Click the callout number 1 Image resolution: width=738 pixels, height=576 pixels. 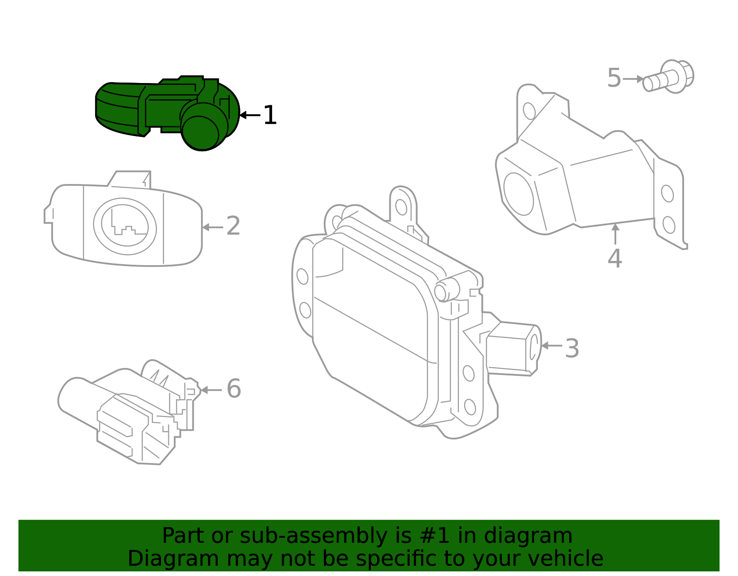tap(270, 115)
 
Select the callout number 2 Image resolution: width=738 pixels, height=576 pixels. tap(233, 226)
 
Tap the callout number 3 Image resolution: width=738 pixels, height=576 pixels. tap(572, 349)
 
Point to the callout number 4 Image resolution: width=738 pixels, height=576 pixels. tap(615, 258)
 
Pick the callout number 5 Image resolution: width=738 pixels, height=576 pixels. tap(614, 78)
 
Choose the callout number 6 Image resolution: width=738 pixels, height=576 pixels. tap(234, 389)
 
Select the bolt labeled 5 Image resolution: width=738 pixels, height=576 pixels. tap(669, 77)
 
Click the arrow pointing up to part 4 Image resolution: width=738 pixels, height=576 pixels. tap(615, 233)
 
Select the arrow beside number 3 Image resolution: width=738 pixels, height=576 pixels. tap(551, 345)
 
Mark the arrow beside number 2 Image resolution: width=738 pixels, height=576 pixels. tap(212, 227)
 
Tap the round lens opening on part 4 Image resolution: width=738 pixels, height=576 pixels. tap(518, 194)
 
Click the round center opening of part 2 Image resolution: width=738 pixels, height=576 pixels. tap(125, 226)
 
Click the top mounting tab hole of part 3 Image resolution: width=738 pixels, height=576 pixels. tap(401, 207)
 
